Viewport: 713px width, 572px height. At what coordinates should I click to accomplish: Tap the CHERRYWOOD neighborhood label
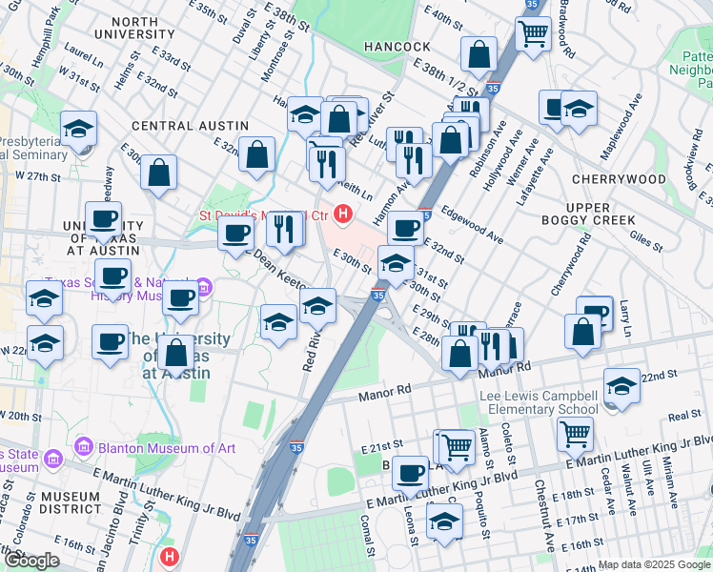coord(619,179)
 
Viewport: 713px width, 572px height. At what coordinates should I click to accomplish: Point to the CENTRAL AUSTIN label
coord(190,126)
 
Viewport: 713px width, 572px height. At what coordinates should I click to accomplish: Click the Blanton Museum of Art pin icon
coord(82,446)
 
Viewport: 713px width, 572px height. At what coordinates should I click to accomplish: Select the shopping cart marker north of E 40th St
coord(533,33)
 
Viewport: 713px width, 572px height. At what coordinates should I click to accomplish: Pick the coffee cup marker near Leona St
coord(411,472)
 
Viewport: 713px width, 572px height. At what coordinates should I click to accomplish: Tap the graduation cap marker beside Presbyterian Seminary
coord(79,128)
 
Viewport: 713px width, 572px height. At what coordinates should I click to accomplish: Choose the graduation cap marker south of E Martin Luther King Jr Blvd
coord(444,521)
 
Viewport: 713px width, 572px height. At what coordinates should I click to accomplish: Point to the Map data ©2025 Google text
coord(654,564)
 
